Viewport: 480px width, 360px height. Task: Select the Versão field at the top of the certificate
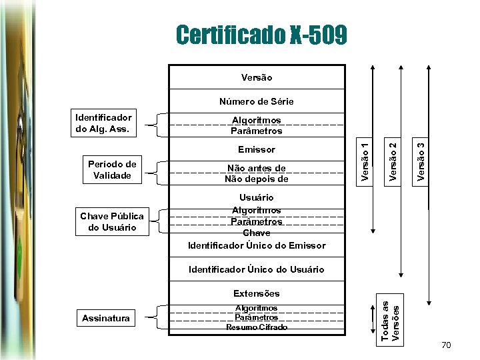[257, 77]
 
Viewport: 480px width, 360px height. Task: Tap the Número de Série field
[257, 101]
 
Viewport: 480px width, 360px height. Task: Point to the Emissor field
[257, 149]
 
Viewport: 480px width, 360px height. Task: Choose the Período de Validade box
[113, 170]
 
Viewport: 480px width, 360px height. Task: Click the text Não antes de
[257, 168]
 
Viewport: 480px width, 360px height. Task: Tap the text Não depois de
[257, 179]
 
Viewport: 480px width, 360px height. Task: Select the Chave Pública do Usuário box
[112, 222]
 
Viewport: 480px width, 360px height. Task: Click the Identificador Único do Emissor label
[257, 245]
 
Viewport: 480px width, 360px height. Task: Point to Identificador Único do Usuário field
[257, 269]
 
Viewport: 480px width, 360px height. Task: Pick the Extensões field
[257, 293]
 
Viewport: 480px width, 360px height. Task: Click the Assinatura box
[106, 319]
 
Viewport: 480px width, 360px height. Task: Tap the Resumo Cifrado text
[257, 327]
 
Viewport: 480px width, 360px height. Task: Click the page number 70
[447, 345]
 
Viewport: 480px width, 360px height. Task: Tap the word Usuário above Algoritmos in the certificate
[257, 197]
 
